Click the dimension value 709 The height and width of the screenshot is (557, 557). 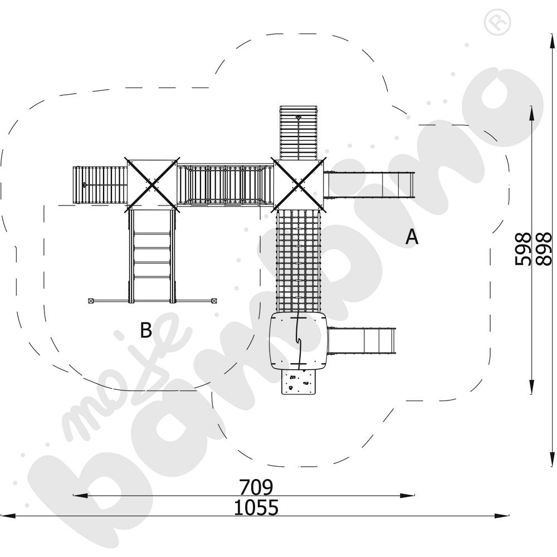click(x=256, y=487)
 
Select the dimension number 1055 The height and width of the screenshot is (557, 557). click(x=256, y=507)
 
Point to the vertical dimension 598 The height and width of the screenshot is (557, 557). click(x=522, y=249)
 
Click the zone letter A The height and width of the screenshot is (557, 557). click(x=412, y=237)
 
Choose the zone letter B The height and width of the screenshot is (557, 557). click(x=146, y=330)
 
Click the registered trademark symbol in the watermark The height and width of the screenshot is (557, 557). click(x=497, y=23)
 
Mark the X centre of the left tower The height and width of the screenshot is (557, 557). click(x=152, y=185)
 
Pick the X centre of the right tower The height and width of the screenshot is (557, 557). click(x=299, y=185)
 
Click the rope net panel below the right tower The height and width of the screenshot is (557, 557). click(x=299, y=261)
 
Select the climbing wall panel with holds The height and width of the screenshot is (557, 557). click(x=299, y=382)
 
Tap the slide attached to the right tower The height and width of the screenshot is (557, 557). click(x=369, y=185)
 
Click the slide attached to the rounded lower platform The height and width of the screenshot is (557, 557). click(x=361, y=340)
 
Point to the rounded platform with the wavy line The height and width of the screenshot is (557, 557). click(x=299, y=341)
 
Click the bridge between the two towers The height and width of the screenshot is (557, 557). click(x=225, y=185)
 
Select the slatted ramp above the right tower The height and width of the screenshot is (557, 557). click(x=299, y=133)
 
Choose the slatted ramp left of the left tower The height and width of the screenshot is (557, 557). click(x=100, y=185)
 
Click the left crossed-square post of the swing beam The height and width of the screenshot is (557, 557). click(x=91, y=301)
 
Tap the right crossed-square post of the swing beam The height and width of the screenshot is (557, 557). click(x=214, y=301)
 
